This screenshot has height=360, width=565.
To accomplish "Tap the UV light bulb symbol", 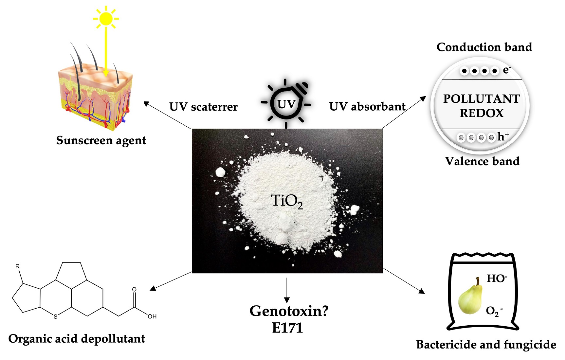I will point(286,104).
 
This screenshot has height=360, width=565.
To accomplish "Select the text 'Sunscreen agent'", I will point(101,140).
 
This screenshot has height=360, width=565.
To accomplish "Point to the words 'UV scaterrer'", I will point(203,107).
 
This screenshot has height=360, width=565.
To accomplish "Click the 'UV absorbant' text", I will point(367,106).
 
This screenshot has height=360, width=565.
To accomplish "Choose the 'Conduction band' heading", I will point(484,47).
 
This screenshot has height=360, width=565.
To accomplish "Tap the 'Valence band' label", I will point(482,161).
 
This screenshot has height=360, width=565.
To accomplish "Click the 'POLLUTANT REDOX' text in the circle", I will point(481,106).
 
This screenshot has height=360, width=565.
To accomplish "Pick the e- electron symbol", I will point(506,70).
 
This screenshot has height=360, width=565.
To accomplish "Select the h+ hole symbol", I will point(503,136).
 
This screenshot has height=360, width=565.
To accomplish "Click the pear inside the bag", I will point(470,297).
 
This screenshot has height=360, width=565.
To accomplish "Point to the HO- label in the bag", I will point(497,279).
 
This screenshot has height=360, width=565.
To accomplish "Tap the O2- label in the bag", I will point(494,311).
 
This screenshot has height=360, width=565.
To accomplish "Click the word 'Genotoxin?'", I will point(289,311).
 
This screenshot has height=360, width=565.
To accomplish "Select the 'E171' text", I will point(287,328).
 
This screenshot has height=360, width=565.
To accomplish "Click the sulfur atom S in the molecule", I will point(55,316).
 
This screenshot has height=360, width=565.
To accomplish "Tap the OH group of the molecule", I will point(152,316).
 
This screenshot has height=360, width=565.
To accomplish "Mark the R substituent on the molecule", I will point(18,266).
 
